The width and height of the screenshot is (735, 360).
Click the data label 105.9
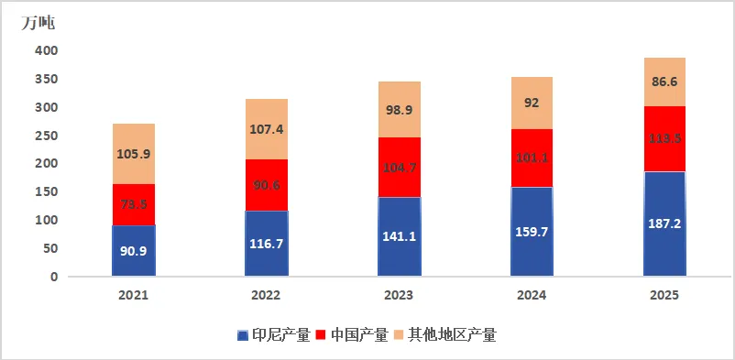(x=133, y=154)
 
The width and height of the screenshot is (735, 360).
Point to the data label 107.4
(x=266, y=129)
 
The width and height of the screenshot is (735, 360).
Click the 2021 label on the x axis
(x=133, y=296)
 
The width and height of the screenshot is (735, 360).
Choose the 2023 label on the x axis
(x=399, y=296)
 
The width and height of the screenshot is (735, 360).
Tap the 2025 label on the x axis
(x=664, y=296)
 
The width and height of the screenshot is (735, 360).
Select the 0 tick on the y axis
(x=54, y=277)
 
